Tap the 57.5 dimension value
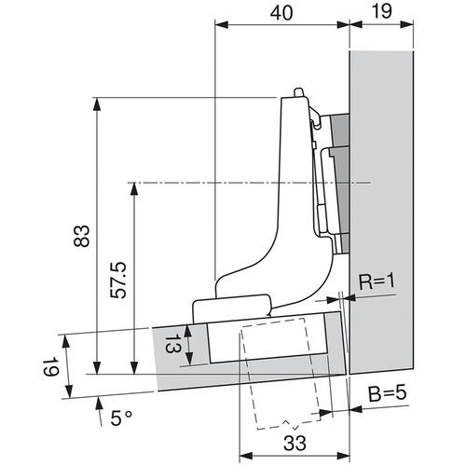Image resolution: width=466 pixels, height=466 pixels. point(118,278)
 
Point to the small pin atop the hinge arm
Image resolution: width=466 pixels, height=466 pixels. point(296,93)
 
